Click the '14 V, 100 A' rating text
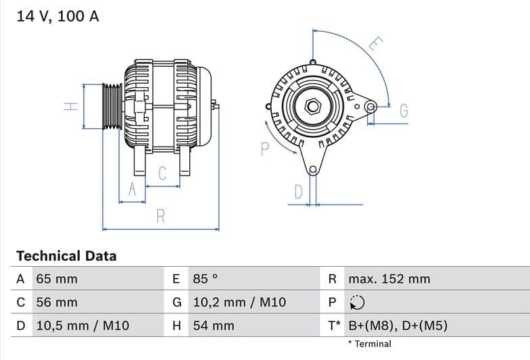click(x=57, y=16)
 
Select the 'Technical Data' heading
click(x=66, y=256)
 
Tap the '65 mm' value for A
click(x=57, y=279)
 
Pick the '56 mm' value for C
click(x=57, y=303)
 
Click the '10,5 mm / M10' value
click(x=82, y=326)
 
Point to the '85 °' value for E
click(x=206, y=279)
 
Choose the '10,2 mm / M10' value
click(x=239, y=303)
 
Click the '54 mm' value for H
click(x=214, y=326)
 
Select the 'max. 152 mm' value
click(x=389, y=279)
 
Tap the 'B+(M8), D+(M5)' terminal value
click(x=397, y=326)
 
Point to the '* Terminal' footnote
click(x=369, y=344)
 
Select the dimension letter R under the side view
click(x=161, y=216)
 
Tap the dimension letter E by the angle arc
click(x=377, y=45)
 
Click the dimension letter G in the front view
click(x=404, y=111)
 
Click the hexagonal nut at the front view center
click(x=312, y=106)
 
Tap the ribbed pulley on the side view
click(x=112, y=106)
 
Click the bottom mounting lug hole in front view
click(x=312, y=170)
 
